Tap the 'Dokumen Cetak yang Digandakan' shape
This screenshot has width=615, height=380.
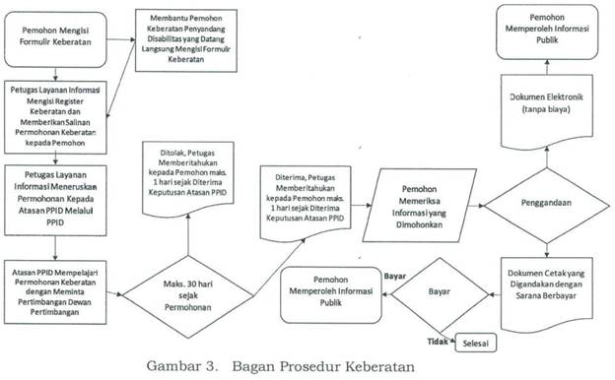(x=549, y=288)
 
